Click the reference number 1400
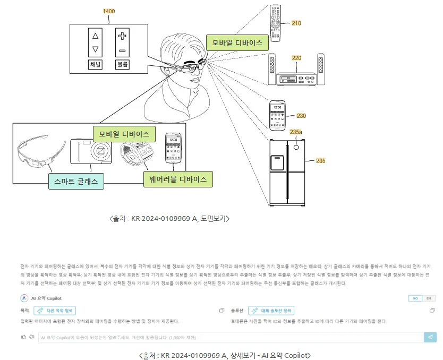109,11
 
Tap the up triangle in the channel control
96,36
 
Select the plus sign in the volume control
122,36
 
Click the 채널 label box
96,65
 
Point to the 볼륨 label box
122,65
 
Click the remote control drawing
275,23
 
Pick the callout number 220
296,58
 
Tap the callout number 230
301,116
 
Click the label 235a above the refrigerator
296,132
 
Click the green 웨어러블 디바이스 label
178,179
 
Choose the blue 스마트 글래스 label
76,182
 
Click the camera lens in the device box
99,151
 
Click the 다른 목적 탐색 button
55,310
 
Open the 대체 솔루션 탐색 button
274,310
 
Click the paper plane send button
430,337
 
